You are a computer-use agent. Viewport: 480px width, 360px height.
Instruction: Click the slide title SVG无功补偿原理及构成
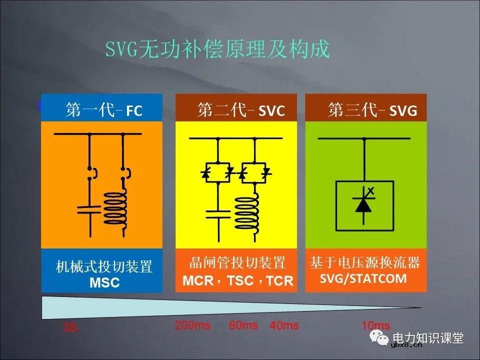[x=217, y=49]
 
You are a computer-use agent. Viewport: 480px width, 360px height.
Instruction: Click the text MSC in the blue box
[x=104, y=282]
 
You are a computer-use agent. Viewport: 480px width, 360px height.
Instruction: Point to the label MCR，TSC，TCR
[x=238, y=280]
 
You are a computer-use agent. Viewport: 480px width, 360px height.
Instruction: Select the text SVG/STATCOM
[x=363, y=278]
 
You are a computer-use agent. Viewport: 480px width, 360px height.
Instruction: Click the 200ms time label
[x=192, y=325]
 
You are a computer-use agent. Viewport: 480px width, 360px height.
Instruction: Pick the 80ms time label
[x=243, y=325]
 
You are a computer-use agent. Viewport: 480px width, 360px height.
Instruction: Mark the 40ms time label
[x=284, y=326]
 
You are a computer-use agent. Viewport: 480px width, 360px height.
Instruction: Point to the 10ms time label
[x=375, y=325]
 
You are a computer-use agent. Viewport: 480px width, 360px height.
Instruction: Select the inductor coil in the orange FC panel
[x=115, y=209]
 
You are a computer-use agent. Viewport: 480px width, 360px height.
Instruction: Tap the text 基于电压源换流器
[x=365, y=262]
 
